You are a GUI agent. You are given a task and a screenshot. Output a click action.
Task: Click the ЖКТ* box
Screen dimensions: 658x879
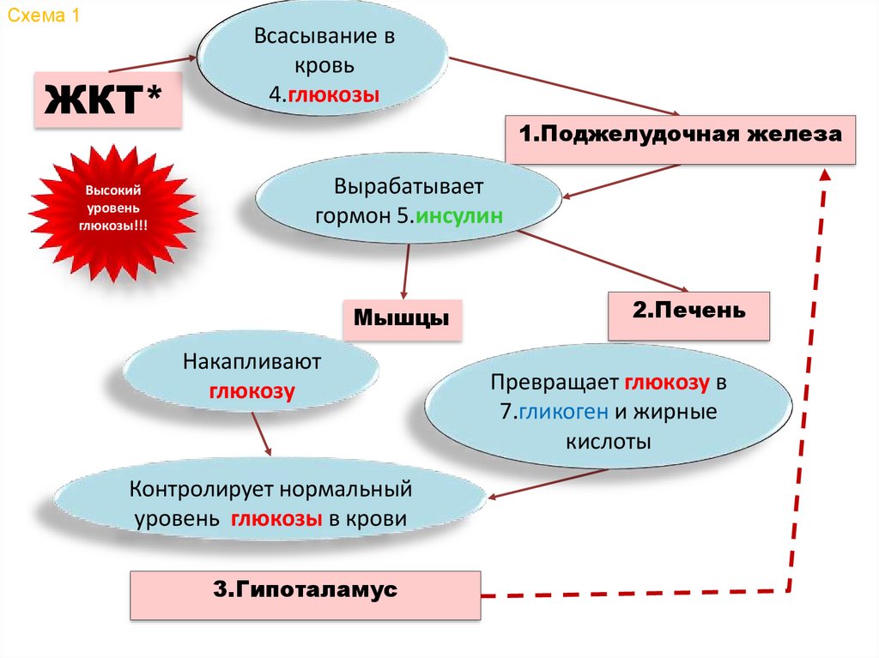pyautogui.click(x=107, y=100)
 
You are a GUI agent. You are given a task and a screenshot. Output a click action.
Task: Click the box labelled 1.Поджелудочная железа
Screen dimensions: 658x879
pyautogui.click(x=680, y=137)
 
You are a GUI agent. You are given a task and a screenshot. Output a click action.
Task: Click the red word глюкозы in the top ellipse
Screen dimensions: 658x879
pyautogui.click(x=334, y=96)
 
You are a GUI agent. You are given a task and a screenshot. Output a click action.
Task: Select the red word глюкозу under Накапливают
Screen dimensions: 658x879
pyautogui.click(x=252, y=392)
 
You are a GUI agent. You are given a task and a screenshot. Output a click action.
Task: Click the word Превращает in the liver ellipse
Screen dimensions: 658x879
pyautogui.click(x=555, y=382)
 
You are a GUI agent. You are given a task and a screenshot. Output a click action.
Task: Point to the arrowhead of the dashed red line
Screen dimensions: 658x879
pyautogui.click(x=825, y=173)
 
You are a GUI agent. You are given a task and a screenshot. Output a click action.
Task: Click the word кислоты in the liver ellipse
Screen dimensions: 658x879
pyautogui.click(x=608, y=442)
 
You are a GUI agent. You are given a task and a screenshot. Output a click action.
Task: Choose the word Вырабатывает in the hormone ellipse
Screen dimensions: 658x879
pyautogui.click(x=409, y=185)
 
